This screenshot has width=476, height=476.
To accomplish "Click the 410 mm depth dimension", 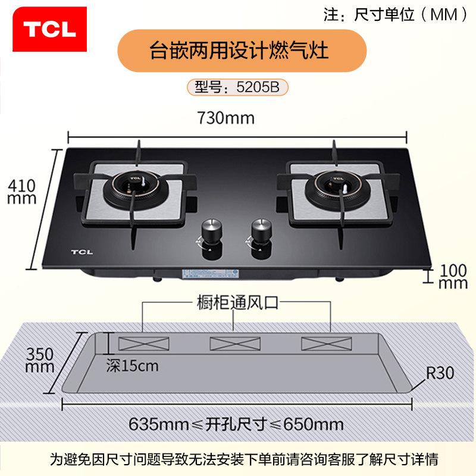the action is point(21,192).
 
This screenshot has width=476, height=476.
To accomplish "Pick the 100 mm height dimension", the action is point(453,275).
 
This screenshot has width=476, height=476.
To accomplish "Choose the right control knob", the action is point(259,230).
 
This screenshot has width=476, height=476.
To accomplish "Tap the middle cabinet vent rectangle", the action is point(235,343).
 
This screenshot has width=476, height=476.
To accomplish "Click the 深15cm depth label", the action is point(133,365).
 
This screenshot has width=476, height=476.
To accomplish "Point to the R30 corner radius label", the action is point(440,373).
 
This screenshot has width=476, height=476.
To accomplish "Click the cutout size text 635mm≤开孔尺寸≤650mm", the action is point(236,424).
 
